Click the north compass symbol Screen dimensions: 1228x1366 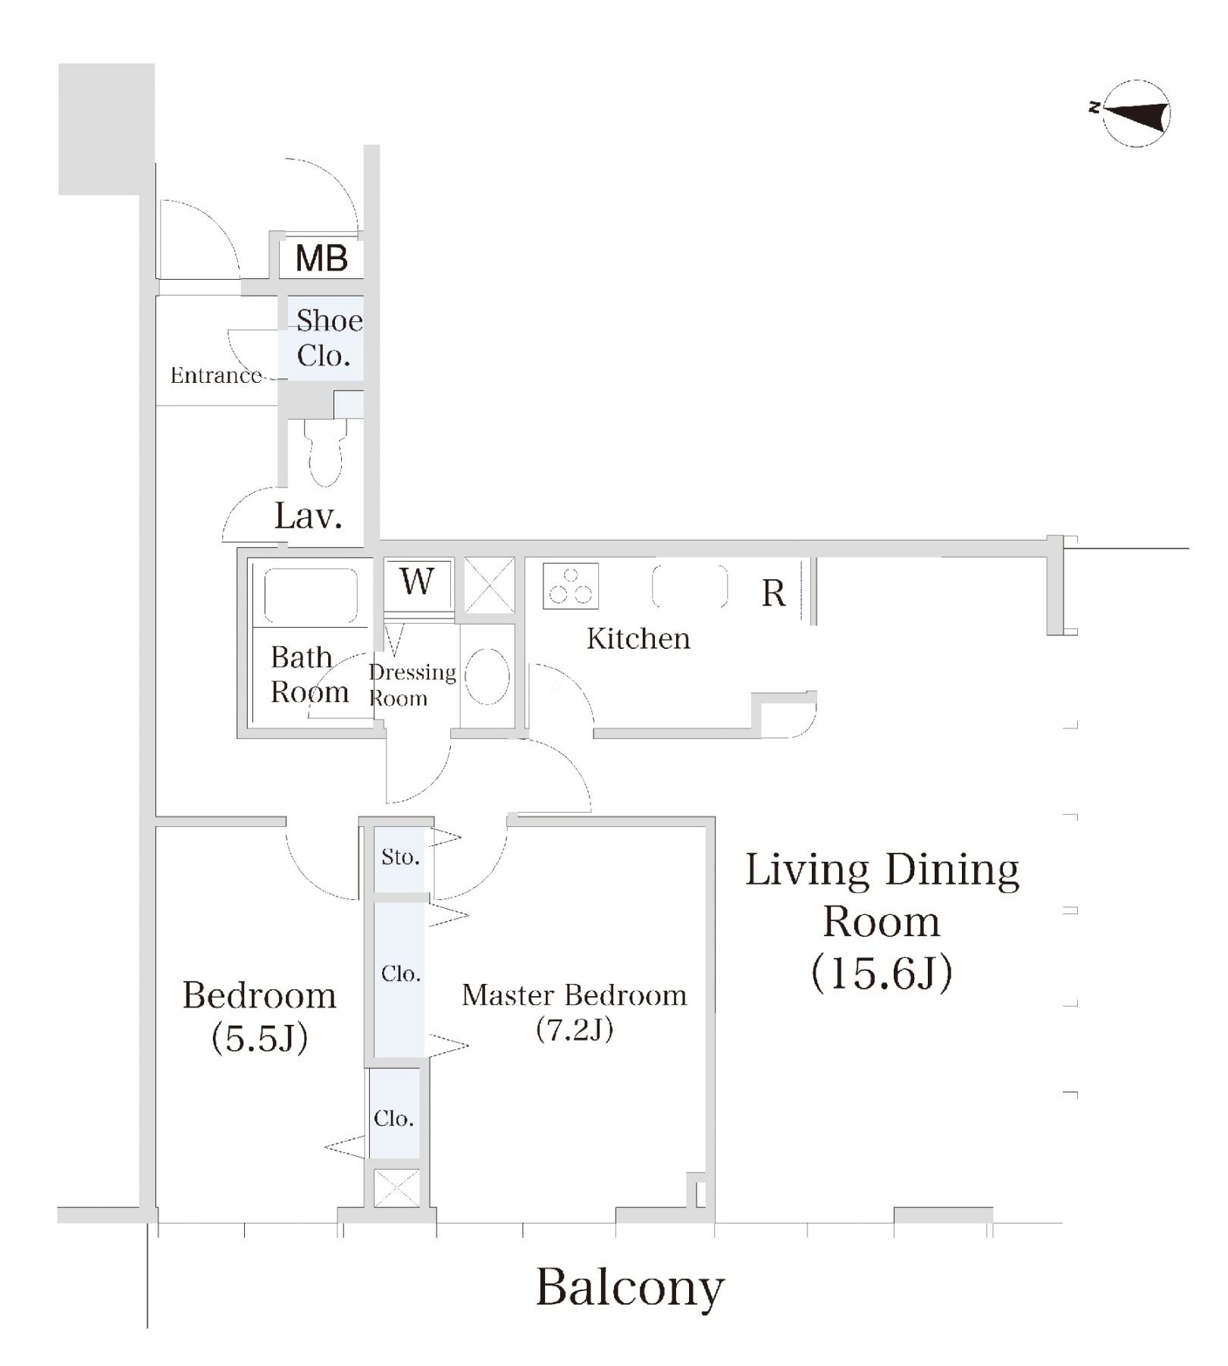1135,114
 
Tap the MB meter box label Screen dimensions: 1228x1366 321,258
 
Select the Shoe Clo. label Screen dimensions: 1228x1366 329,338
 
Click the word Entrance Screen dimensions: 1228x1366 216,374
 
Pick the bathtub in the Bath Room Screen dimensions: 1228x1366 310,596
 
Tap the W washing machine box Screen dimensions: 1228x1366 418,582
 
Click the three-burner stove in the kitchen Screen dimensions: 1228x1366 571,586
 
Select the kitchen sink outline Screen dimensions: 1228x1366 690,586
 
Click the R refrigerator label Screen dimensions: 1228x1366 773,593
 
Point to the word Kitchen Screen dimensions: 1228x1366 638,639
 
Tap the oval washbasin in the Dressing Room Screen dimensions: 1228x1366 487,676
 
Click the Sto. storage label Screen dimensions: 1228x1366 400,857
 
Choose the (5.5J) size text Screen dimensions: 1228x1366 260,1038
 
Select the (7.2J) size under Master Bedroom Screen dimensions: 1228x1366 575,1029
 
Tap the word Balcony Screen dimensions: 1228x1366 630,1288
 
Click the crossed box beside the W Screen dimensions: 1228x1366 489,585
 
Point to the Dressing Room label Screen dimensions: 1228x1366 412,685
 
